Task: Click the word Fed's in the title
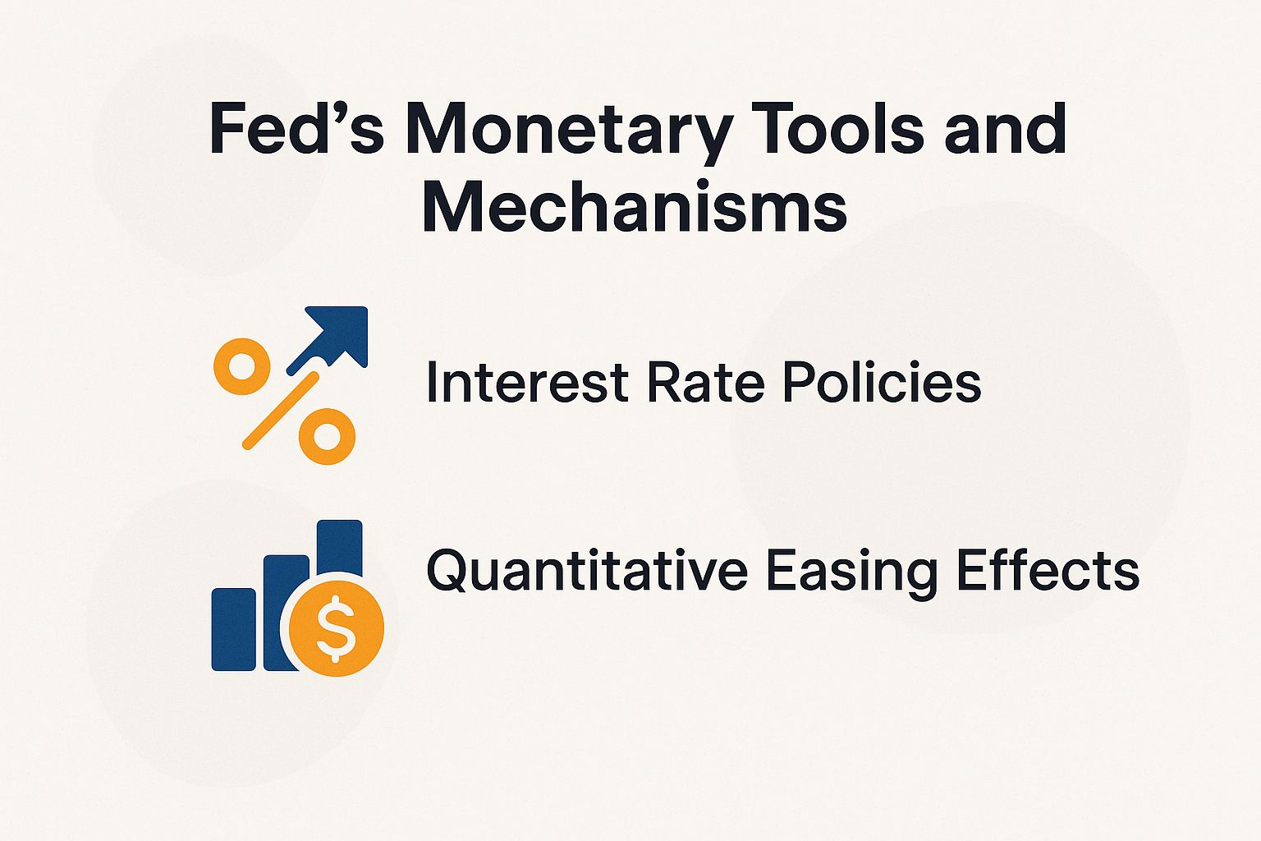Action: tap(296, 129)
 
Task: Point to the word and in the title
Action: tap(1006, 129)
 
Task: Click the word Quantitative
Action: tap(587, 571)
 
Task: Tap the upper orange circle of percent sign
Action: tap(241, 366)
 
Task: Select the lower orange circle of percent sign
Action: tap(327, 437)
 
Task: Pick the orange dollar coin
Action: tap(337, 631)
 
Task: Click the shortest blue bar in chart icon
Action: tap(234, 629)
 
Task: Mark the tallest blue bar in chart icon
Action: tap(340, 545)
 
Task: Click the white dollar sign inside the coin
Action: tap(337, 631)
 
